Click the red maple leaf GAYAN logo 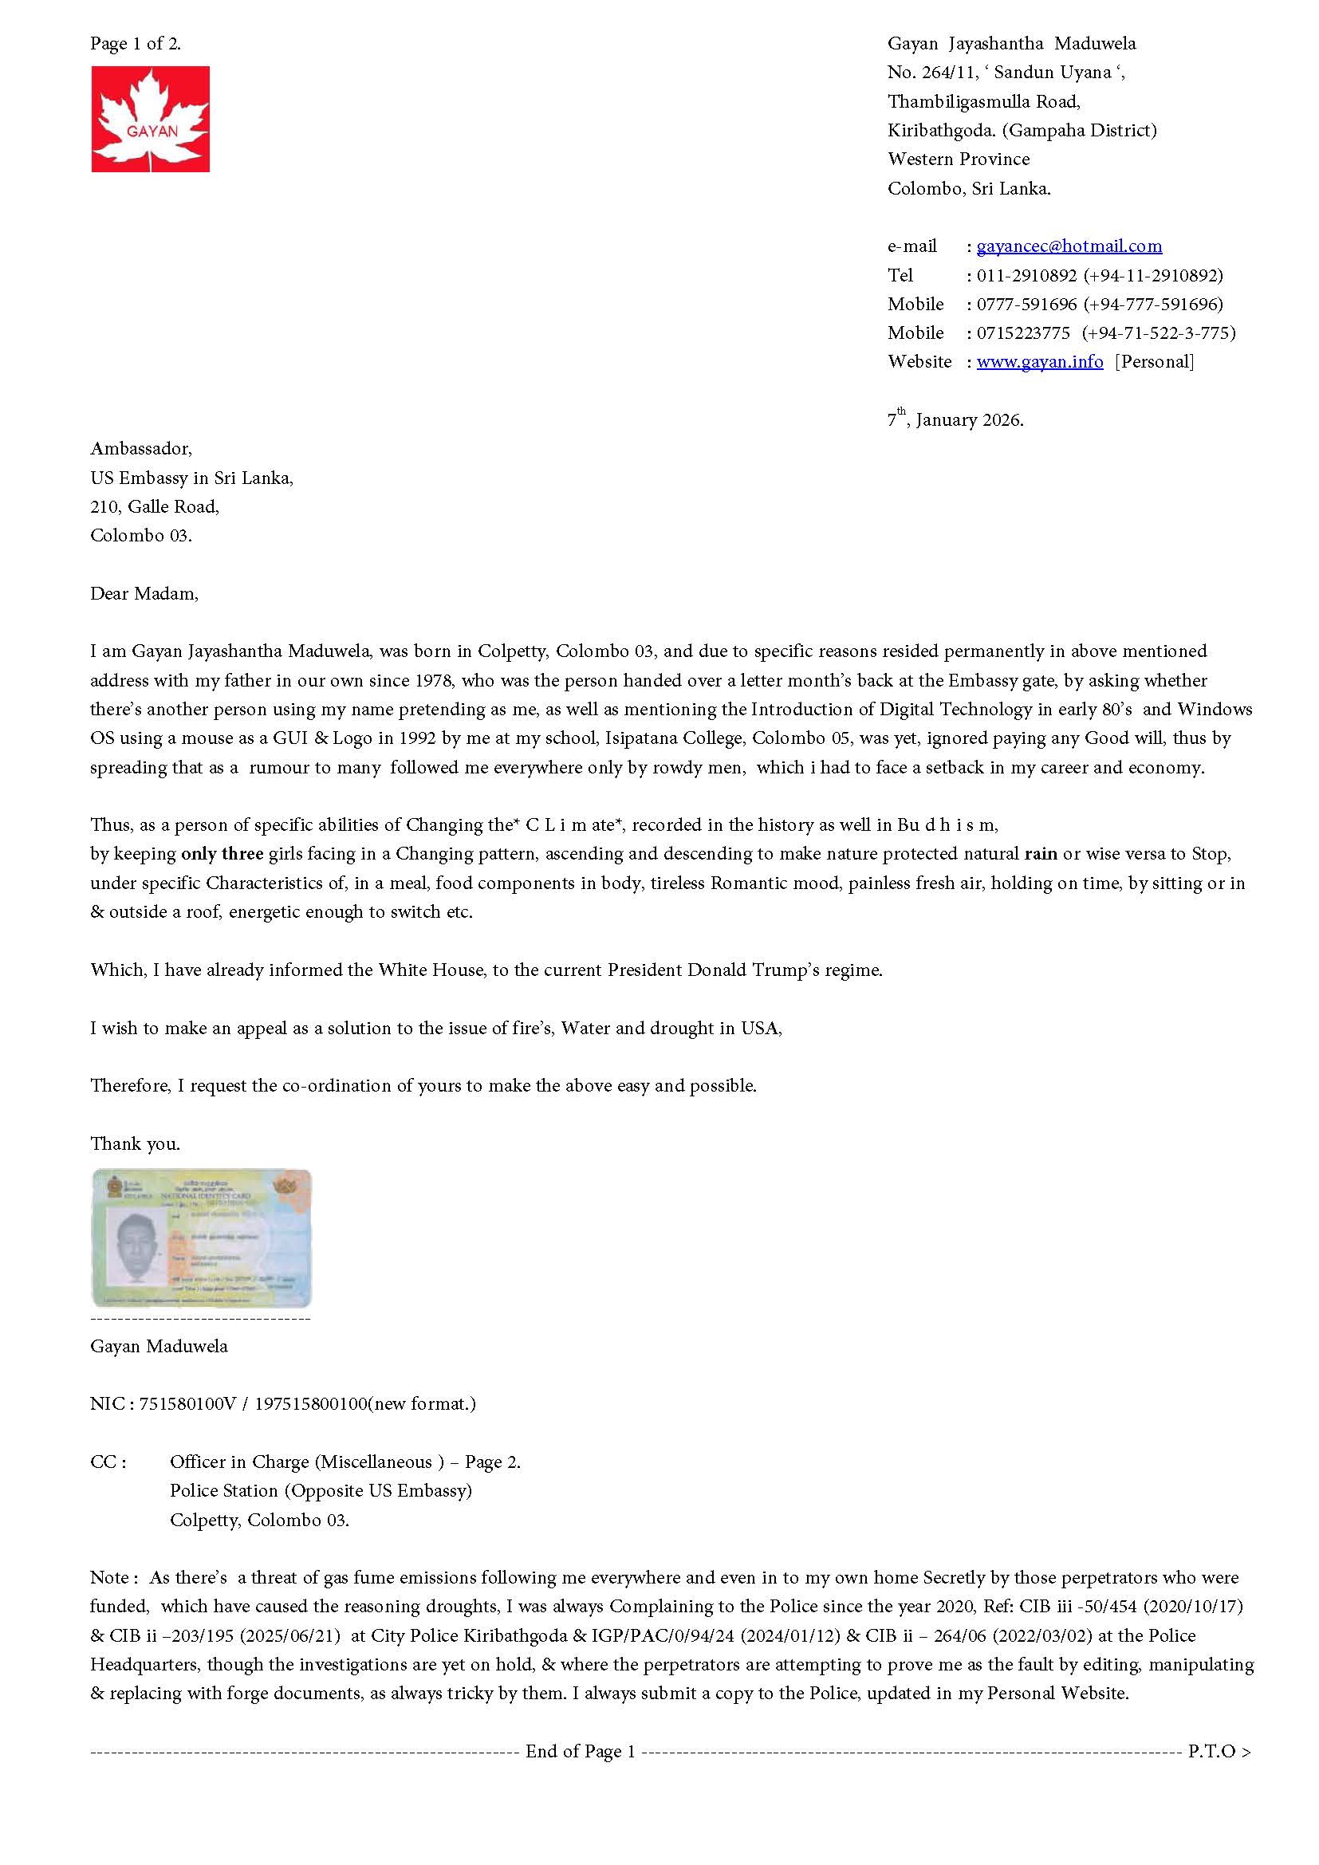coord(150,119)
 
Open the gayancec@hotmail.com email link coord(1069,246)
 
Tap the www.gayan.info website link coord(1040,361)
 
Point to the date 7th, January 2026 coord(955,419)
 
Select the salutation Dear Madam coord(144,594)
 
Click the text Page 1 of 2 coord(136,44)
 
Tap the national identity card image coord(202,1237)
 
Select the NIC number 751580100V coord(187,1403)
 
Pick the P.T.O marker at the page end coord(1218,1751)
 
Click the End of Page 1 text coord(580,1751)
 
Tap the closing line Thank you coord(135,1143)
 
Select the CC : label coord(108,1462)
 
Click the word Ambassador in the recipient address coord(140,449)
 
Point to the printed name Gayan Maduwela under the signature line coord(159,1346)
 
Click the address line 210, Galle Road coord(155,507)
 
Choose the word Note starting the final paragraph coord(109,1577)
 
